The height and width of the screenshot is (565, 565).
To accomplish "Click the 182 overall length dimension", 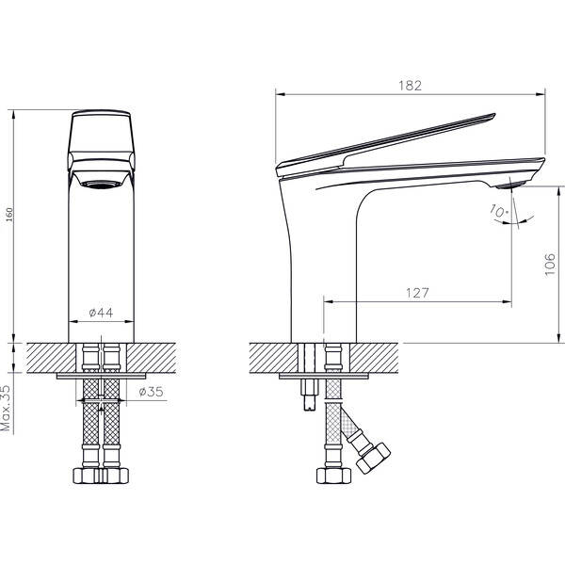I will click(410, 85).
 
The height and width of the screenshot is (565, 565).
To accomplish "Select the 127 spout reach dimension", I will click(419, 292).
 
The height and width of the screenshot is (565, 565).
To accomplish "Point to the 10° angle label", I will click(497, 213).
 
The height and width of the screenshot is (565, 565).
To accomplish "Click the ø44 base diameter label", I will click(101, 313).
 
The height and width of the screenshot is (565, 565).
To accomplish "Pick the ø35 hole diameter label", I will click(152, 391).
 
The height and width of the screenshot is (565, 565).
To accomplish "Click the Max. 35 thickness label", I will click(7, 408).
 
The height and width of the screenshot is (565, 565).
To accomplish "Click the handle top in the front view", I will click(102, 116).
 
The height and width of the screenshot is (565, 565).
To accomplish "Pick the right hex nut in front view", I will click(114, 475).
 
